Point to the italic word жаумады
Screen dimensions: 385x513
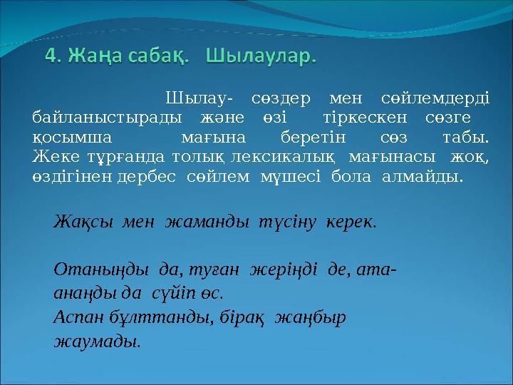(x=97, y=342)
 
